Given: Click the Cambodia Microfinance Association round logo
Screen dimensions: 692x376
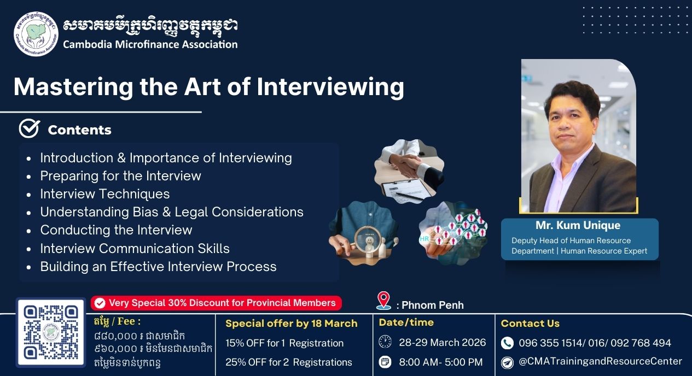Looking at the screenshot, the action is [x=36, y=34].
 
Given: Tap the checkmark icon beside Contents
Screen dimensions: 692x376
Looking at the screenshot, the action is [x=30, y=128].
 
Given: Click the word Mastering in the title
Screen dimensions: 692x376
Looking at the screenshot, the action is [x=73, y=87].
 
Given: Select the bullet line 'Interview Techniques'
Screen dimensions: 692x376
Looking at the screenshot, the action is [x=104, y=194].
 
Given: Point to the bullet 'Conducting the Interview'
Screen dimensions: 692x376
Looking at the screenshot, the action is [x=116, y=230].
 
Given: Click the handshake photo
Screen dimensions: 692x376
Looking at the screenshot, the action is [x=409, y=171].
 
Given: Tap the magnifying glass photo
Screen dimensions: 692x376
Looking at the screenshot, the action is [x=364, y=233].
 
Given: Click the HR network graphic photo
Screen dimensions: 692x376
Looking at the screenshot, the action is [x=453, y=233].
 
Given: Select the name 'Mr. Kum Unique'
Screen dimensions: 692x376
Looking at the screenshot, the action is [x=578, y=225].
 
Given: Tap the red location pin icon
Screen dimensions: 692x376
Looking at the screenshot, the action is [x=383, y=301].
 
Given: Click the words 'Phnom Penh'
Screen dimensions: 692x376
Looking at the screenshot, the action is [x=433, y=305].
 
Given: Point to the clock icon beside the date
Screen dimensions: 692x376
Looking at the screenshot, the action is [x=385, y=342].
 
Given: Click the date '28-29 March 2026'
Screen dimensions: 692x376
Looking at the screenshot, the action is [x=443, y=342].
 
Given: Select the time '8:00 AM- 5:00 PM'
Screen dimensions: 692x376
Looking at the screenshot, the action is [x=441, y=362].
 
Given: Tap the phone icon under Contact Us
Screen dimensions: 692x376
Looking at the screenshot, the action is [x=507, y=343].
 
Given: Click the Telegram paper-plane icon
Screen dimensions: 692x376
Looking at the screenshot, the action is [x=507, y=362].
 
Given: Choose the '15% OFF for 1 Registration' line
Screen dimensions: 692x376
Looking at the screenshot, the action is [x=284, y=343].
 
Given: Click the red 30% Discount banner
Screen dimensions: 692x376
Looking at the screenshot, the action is [x=216, y=303].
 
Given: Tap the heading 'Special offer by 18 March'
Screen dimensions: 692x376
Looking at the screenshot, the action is [x=292, y=323].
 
